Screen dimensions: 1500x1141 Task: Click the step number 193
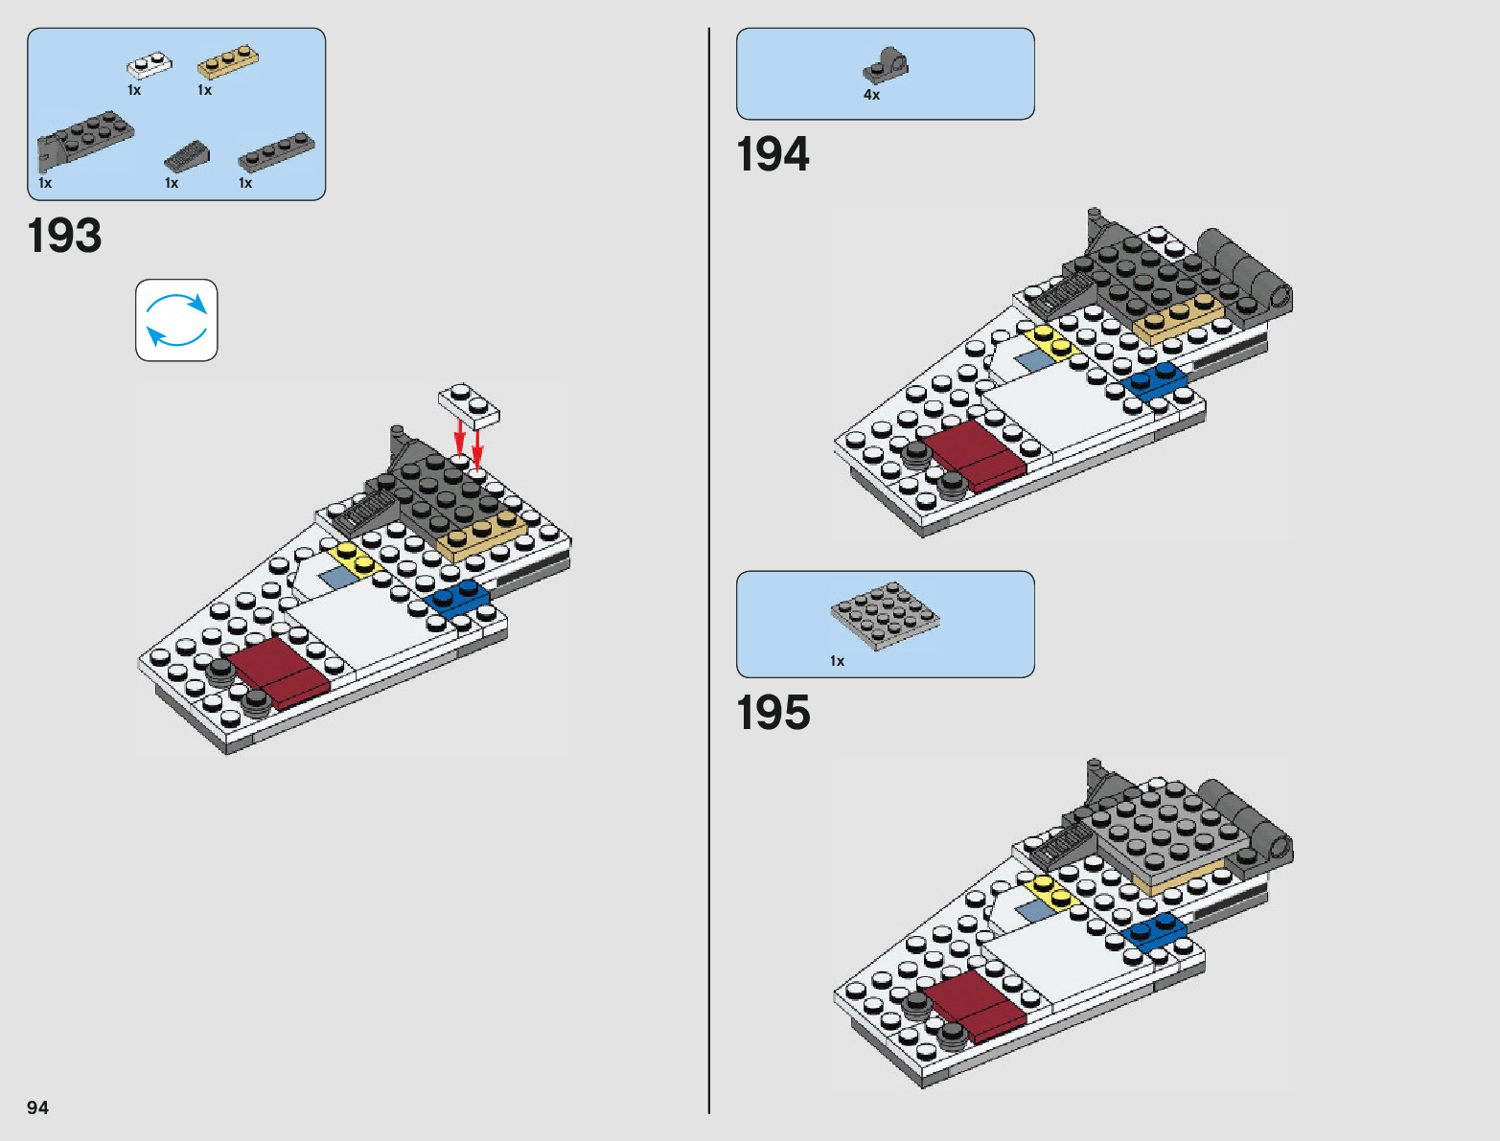tap(64, 236)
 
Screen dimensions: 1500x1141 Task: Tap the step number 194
tap(773, 154)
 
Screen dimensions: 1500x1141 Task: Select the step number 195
tap(773, 713)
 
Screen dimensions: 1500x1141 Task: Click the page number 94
tap(37, 1107)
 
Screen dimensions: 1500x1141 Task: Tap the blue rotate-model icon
tap(176, 320)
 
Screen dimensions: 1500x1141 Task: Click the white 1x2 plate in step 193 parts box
tap(150, 65)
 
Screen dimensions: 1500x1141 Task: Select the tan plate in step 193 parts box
tap(227, 62)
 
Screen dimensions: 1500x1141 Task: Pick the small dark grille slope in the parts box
tap(187, 157)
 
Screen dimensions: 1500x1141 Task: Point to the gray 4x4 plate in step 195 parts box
tap(885, 615)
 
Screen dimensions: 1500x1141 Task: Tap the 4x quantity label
tap(871, 95)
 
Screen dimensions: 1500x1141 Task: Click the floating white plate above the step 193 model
tap(469, 404)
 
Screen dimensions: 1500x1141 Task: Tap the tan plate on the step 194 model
tap(1179, 320)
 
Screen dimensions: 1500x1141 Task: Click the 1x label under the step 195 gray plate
tap(837, 661)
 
